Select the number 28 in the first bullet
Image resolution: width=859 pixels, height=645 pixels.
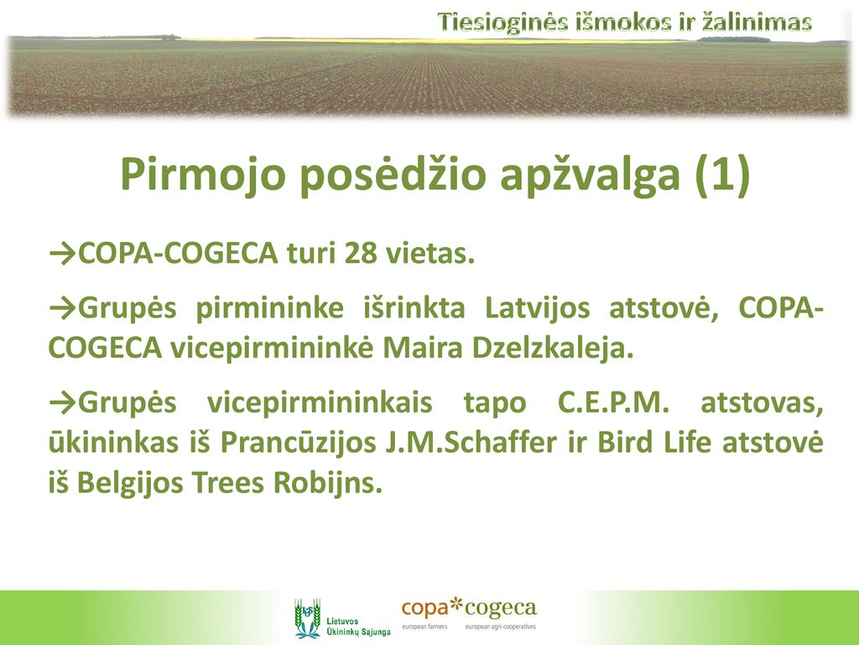coord(361,254)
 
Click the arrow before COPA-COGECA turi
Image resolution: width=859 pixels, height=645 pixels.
coord(62,254)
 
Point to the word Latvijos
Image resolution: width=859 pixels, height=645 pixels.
coord(538,307)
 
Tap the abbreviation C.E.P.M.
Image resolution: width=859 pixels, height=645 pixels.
coord(613,402)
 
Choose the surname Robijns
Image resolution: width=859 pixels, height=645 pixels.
coord(327,483)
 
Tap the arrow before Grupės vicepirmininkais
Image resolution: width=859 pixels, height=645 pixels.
coord(62,403)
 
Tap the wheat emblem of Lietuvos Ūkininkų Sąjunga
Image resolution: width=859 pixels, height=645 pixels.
coord(308,618)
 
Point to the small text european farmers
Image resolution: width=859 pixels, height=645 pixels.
coord(425,627)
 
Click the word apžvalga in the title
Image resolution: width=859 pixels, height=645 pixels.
coord(590,175)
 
